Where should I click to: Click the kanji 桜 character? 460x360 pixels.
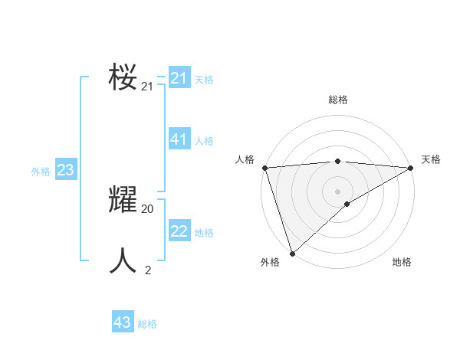tap(123, 77)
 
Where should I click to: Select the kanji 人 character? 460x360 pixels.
tap(123, 261)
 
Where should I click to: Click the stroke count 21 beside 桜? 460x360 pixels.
tap(147, 87)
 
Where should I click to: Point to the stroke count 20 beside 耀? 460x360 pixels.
tap(147, 208)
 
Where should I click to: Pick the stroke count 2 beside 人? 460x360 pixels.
tap(148, 270)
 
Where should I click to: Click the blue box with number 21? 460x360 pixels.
tap(179, 78)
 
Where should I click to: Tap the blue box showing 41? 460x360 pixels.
tap(179, 139)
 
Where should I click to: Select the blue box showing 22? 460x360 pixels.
tap(179, 231)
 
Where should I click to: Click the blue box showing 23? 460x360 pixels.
tap(65, 170)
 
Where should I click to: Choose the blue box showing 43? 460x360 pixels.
tap(123, 322)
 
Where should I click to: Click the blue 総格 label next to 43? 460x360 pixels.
tap(147, 324)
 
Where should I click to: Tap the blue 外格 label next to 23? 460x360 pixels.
tap(41, 172)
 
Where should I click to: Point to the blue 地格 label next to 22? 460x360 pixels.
tap(204, 233)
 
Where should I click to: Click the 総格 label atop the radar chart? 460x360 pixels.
tap(337, 100)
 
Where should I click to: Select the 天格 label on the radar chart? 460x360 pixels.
tap(431, 159)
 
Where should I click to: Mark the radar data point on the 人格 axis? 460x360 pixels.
tap(264, 168)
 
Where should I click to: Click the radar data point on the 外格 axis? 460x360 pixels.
tap(293, 253)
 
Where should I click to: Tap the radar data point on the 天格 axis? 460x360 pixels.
tap(410, 168)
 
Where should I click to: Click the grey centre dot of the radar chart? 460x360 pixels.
tap(337, 191)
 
